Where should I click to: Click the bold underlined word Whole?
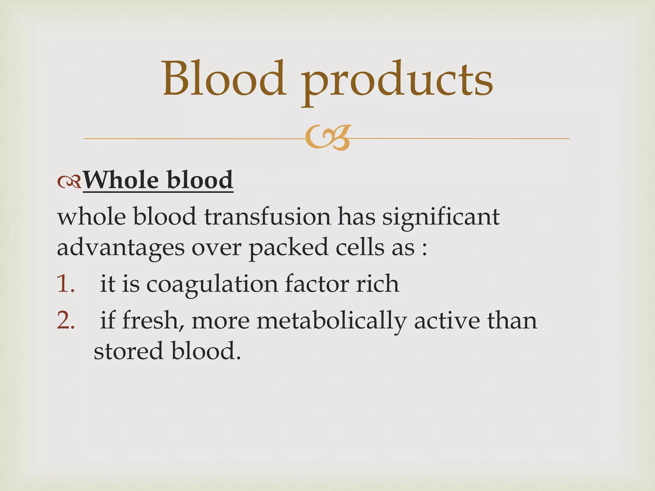pyautogui.click(x=121, y=180)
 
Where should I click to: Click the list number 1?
pyautogui.click(x=66, y=284)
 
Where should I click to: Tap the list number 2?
pyautogui.click(x=66, y=321)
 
